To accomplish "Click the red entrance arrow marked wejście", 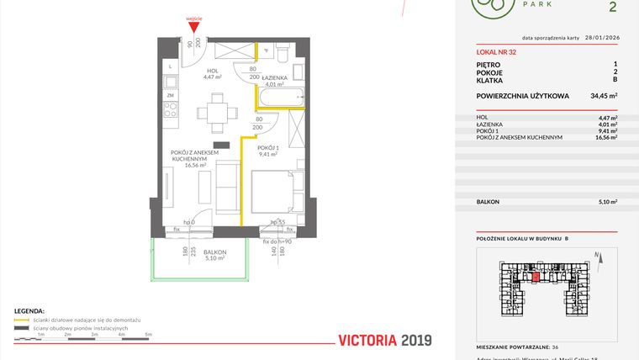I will pos(195,28).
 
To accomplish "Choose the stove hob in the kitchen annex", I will pos(171,82).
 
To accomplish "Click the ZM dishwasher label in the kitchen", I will pos(170,97).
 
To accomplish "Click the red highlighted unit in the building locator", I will pos(536,275).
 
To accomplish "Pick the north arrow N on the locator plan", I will pos(596,255).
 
